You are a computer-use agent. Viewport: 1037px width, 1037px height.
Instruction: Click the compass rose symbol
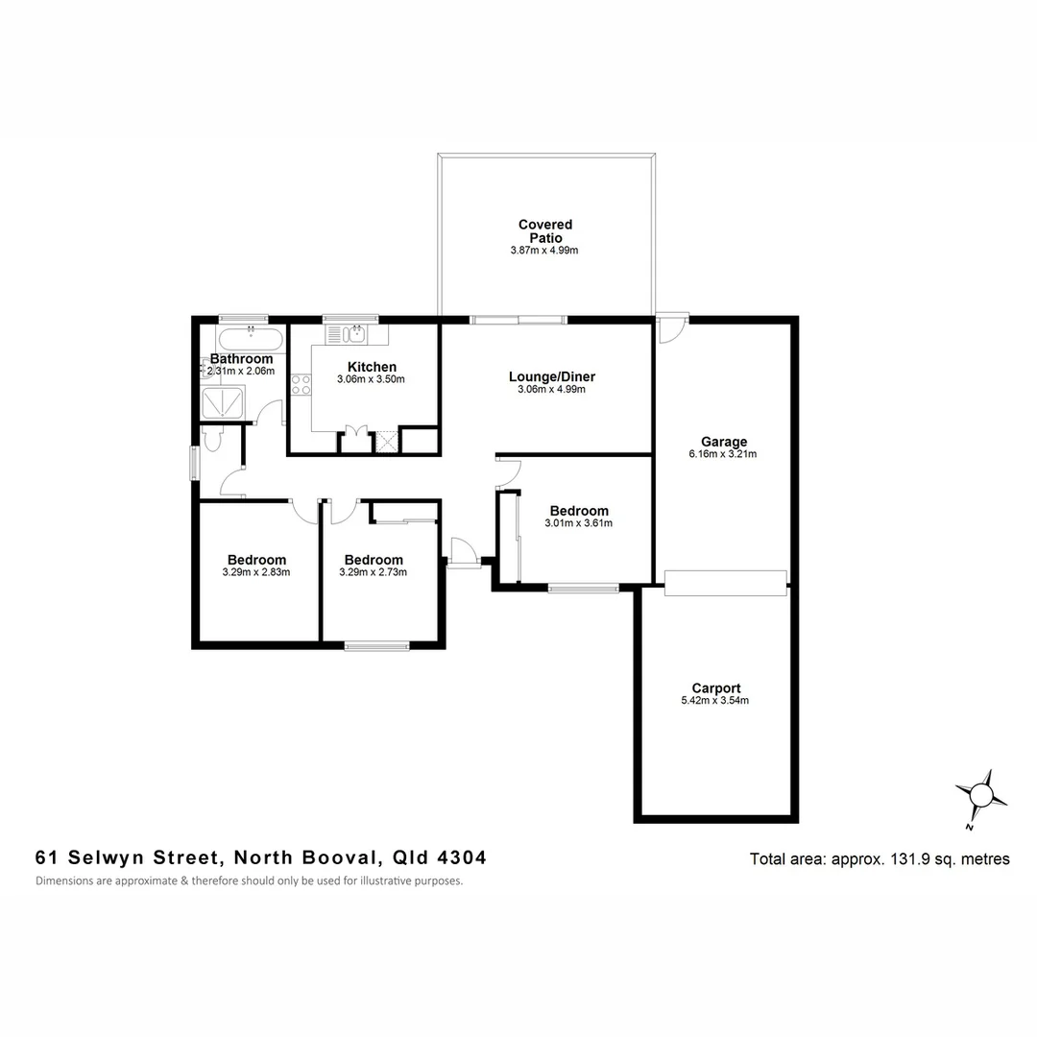click(980, 796)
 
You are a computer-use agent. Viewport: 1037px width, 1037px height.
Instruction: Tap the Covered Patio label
click(544, 231)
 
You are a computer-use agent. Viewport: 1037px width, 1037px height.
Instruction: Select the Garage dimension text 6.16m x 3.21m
click(723, 454)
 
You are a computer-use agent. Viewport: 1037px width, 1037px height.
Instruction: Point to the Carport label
click(715, 688)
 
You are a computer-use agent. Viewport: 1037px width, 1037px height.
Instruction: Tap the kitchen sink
click(347, 334)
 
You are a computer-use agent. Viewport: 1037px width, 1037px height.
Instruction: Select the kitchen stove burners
click(301, 385)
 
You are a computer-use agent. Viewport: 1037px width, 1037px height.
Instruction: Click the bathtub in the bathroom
click(250, 339)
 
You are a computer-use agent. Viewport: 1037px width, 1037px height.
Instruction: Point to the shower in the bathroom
click(223, 402)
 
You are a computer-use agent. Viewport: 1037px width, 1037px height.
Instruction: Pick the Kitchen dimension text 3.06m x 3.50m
click(371, 379)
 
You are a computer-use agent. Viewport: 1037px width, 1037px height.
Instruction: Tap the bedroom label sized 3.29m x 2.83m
click(256, 560)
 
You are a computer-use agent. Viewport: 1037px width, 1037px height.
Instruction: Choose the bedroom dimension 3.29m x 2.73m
click(373, 572)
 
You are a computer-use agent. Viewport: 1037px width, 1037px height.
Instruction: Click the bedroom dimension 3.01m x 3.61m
click(578, 523)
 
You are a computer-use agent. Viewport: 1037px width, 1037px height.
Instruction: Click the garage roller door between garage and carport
click(725, 584)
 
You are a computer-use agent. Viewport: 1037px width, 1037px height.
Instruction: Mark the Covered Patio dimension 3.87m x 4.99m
click(544, 251)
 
